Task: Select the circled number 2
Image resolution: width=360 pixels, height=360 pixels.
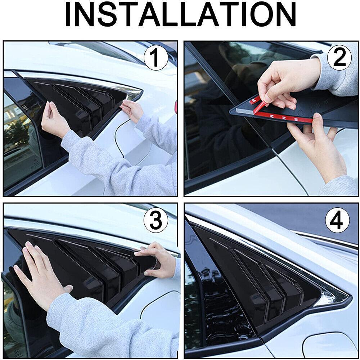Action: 339,58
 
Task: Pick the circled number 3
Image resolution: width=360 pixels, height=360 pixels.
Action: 156,221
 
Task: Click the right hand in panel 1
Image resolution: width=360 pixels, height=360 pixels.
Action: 131,110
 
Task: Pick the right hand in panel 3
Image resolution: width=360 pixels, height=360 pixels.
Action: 158,259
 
